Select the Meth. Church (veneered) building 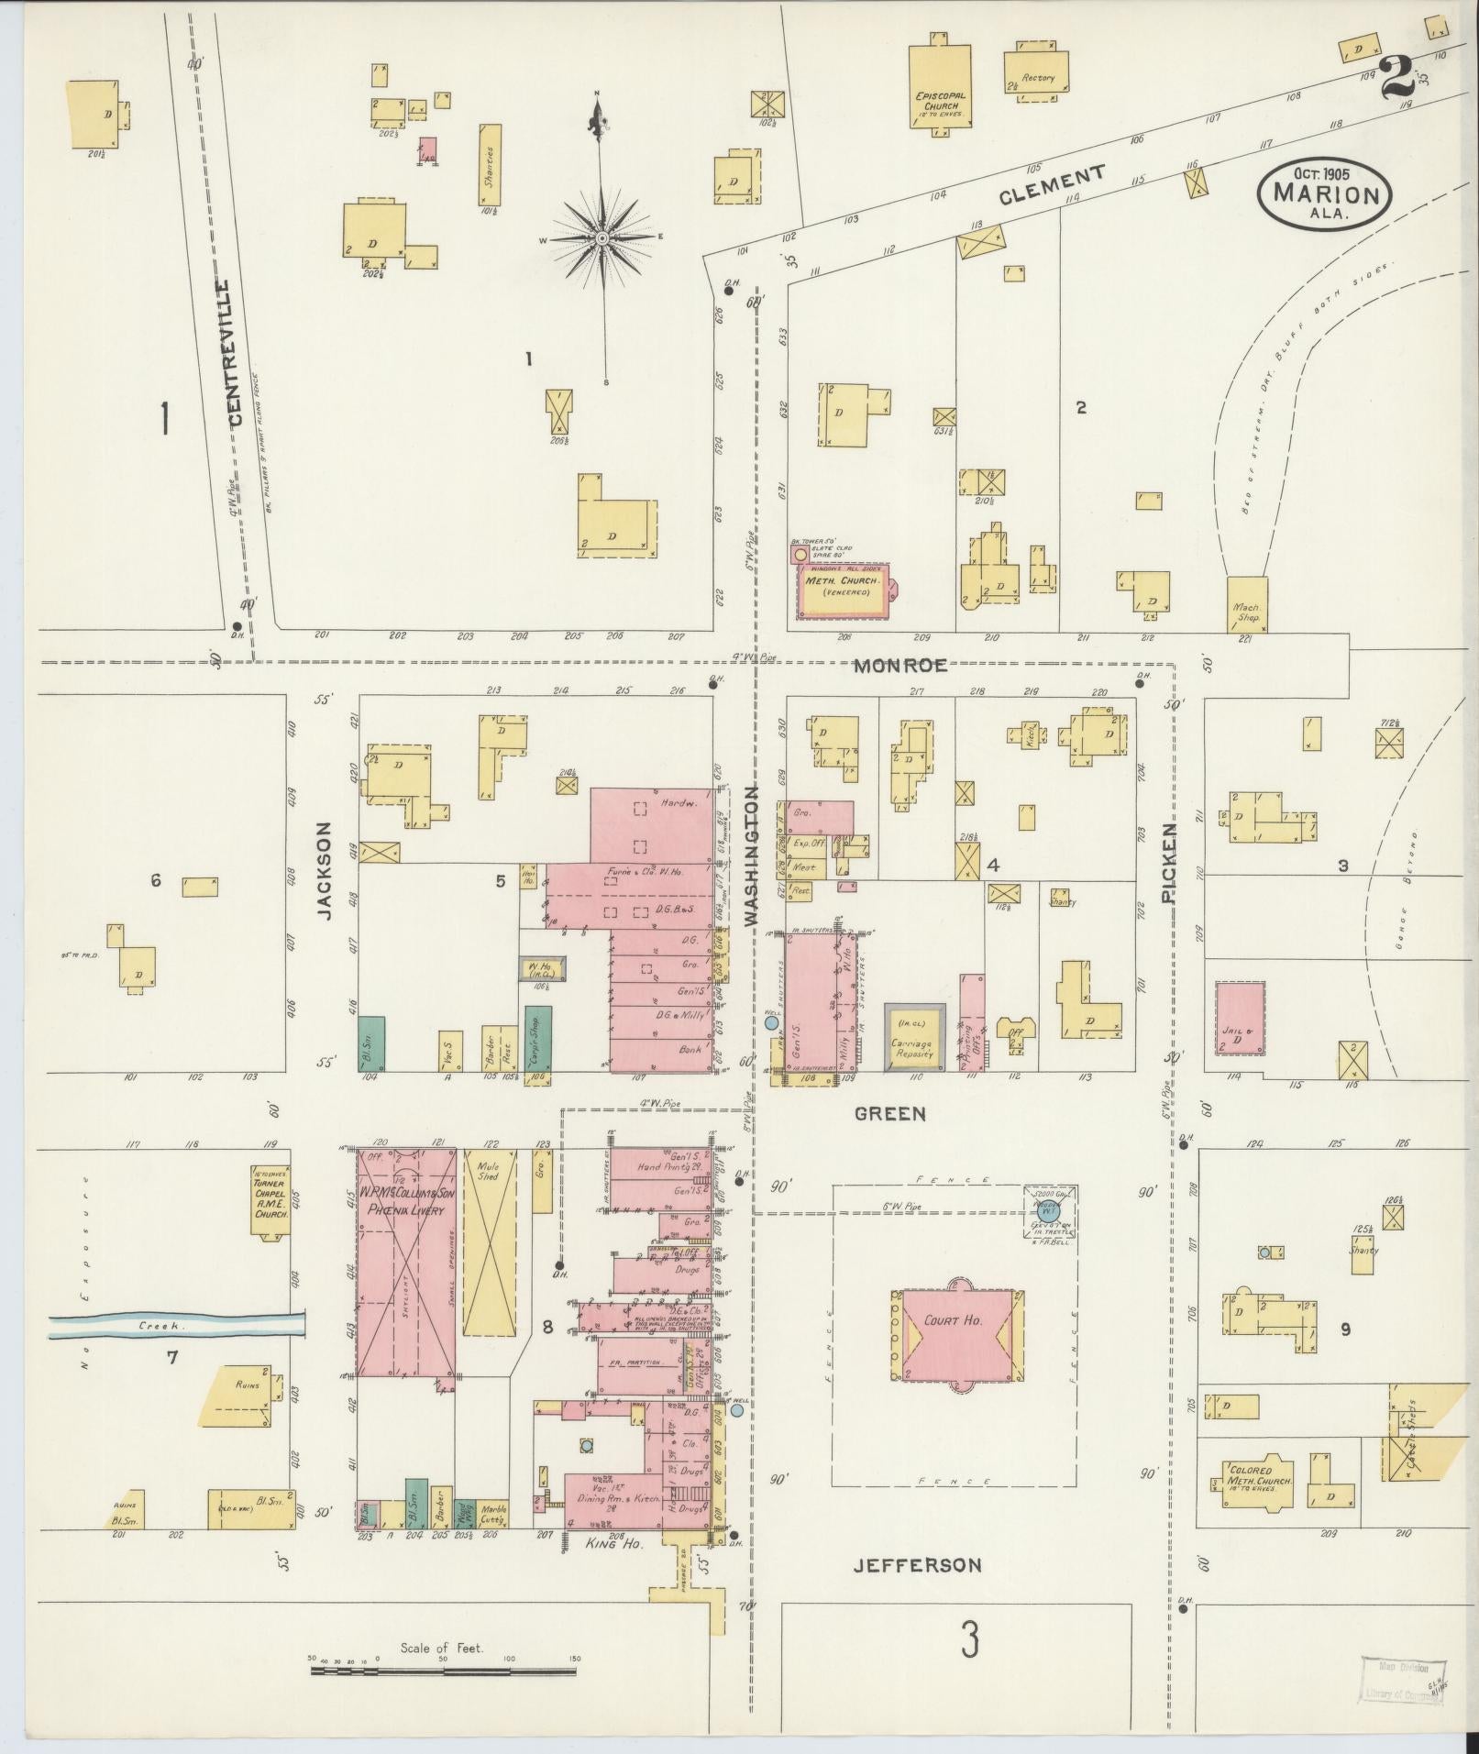842,588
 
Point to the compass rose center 602,238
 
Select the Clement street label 1052,183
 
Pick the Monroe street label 900,667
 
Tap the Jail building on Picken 1241,1018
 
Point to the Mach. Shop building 1247,605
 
